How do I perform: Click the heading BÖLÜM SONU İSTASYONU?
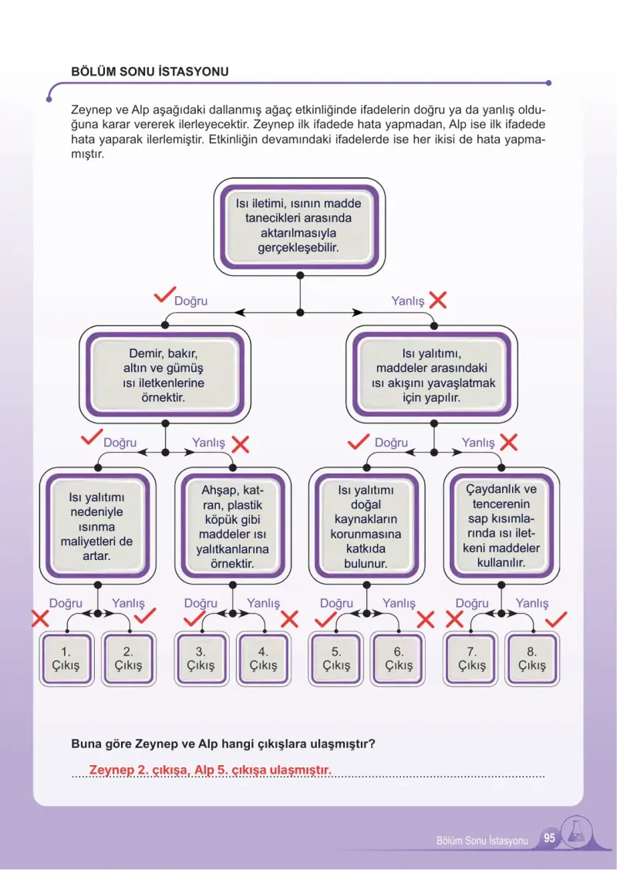[x=150, y=72]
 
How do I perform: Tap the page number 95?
[x=549, y=838]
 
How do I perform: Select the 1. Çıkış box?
[x=66, y=658]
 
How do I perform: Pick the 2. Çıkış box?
[x=128, y=658]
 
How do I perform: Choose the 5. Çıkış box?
[x=336, y=658]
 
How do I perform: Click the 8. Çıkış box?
[x=532, y=658]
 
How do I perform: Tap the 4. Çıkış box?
[x=263, y=658]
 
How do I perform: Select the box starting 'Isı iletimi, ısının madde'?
[x=299, y=227]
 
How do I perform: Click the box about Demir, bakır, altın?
[x=165, y=375]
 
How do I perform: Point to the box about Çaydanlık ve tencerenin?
[x=501, y=525]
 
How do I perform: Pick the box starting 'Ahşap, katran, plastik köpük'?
[x=232, y=525]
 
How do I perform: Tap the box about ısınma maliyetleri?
[x=98, y=525]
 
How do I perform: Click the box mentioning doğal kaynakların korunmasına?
[x=366, y=525]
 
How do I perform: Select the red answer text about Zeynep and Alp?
[x=211, y=770]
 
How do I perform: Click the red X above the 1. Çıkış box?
[x=40, y=619]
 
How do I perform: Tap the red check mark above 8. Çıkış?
[x=556, y=619]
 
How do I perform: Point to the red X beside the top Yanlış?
[x=438, y=300]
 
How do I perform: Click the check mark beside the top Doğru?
[x=164, y=295]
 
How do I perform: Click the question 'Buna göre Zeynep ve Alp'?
[x=223, y=744]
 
